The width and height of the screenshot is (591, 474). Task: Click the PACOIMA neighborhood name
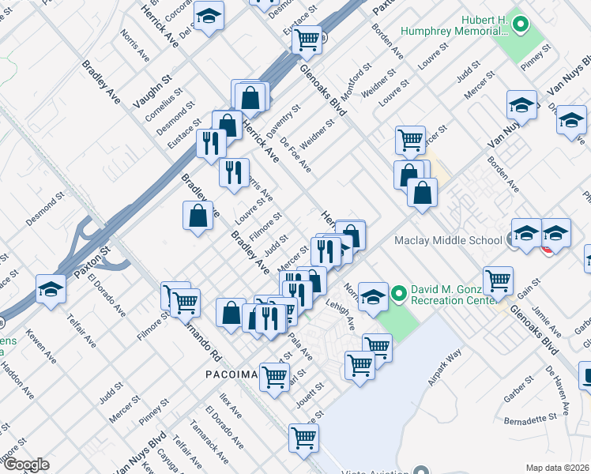click(x=232, y=374)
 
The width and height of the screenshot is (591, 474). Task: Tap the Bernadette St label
click(x=534, y=417)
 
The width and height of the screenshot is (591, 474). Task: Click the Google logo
click(x=26, y=464)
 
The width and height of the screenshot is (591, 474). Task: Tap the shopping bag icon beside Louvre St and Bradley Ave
click(x=198, y=215)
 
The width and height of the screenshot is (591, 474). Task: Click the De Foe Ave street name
click(x=295, y=154)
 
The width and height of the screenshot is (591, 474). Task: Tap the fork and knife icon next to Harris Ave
click(x=234, y=172)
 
